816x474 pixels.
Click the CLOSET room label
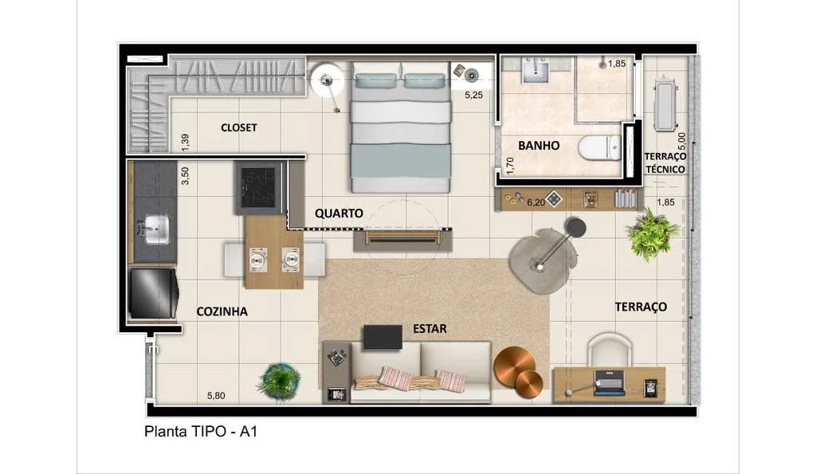[239, 127]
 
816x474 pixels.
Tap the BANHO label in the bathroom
[539, 145]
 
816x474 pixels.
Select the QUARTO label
[339, 213]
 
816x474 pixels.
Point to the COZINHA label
[222, 311]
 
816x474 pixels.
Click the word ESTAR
[430, 329]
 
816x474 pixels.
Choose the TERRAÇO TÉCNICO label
[665, 163]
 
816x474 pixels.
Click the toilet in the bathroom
[599, 147]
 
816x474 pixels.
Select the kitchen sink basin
[155, 230]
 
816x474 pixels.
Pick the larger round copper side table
[514, 366]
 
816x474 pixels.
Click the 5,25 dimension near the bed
[473, 96]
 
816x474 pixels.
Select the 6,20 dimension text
[536, 202]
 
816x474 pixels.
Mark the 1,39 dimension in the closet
[185, 143]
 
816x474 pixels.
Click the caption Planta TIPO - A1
[201, 431]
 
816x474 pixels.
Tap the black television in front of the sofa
[382, 337]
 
